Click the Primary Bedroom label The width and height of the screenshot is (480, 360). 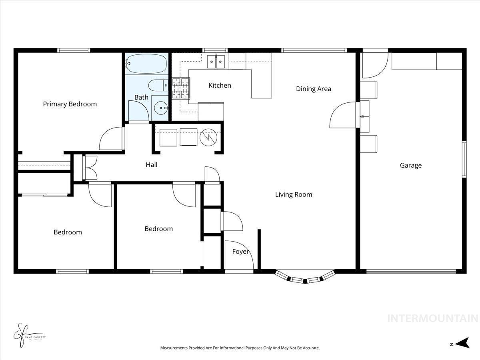[70, 104]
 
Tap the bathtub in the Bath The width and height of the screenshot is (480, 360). [146, 64]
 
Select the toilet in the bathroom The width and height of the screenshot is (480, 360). [158, 85]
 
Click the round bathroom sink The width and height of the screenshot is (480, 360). [161, 107]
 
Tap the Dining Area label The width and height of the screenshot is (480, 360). [314, 89]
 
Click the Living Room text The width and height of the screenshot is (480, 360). [294, 195]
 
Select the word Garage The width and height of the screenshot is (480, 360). [411, 165]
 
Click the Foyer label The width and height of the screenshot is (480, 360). [240, 252]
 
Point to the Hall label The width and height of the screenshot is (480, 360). [151, 164]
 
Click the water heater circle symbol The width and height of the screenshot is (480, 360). [208, 137]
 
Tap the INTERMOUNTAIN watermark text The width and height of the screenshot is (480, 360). [433, 319]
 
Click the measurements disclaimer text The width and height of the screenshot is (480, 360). [240, 348]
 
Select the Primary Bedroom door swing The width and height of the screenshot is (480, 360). [111, 139]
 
